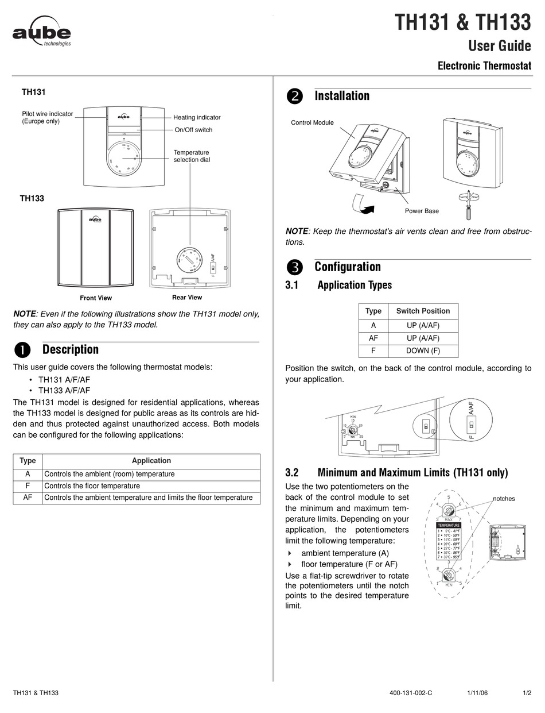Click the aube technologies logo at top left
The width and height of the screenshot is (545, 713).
tap(42, 35)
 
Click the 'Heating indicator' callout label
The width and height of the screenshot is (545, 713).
tap(197, 117)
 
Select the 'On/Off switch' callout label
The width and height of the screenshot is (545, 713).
tap(193, 130)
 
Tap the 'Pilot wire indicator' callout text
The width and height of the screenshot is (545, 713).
tap(48, 117)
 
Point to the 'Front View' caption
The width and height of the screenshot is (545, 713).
tap(96, 298)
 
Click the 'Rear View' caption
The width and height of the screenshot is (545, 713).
tap(187, 298)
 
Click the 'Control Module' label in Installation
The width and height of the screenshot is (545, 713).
tap(312, 122)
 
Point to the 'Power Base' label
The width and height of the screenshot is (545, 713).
tap(422, 211)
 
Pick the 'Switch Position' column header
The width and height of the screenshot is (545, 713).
tap(423, 311)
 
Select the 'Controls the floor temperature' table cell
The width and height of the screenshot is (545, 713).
tap(92, 486)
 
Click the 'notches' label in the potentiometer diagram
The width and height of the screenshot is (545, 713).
tap(504, 499)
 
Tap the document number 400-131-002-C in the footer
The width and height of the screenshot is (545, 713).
tap(410, 693)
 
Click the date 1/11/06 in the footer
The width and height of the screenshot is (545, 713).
tap(478, 693)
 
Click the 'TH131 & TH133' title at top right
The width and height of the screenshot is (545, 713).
tap(462, 24)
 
